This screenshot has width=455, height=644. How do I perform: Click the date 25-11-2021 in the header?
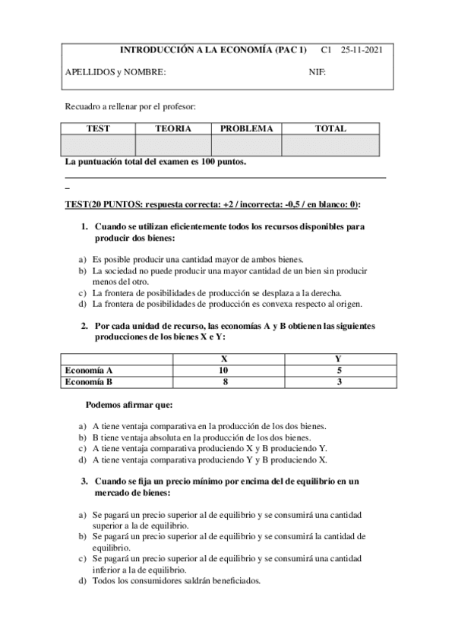(x=362, y=51)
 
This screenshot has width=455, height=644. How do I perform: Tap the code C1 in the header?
(x=327, y=51)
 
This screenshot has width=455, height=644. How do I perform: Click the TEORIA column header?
(x=172, y=128)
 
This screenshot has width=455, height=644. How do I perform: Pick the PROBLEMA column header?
(x=246, y=128)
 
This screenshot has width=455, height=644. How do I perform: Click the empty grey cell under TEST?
(x=99, y=145)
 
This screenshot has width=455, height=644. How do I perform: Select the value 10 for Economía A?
(x=223, y=371)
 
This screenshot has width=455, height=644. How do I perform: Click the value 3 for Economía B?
(x=338, y=382)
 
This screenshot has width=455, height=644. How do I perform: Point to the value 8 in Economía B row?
(x=223, y=382)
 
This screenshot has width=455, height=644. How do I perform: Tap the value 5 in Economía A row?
(x=338, y=371)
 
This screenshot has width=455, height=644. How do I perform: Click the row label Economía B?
(x=89, y=382)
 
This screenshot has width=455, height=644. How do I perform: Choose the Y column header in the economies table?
(x=338, y=358)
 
